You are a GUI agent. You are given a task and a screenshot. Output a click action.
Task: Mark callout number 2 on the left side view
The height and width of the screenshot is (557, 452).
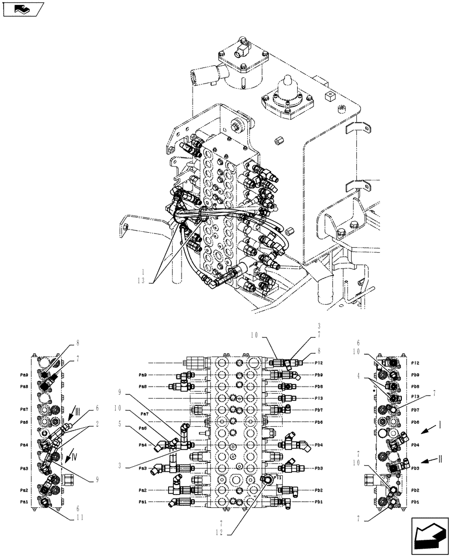click(x=98, y=423)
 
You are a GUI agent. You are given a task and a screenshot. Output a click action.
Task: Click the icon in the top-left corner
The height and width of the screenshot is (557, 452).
click(x=23, y=8)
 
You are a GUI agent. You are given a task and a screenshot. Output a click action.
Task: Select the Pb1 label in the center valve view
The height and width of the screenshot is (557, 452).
click(x=318, y=502)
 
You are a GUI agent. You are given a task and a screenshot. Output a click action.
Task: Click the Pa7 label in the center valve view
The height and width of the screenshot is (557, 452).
click(x=144, y=414)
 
